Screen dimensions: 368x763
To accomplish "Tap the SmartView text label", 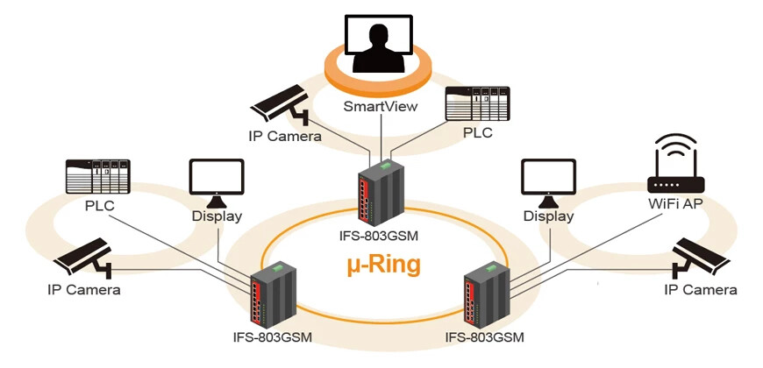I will [x=381, y=107].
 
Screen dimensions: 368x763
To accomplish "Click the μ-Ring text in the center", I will [x=382, y=263].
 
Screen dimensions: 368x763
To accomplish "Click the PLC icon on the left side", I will [x=98, y=178].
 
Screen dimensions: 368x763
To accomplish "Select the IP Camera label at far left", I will [x=84, y=290].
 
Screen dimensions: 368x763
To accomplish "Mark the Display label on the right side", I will [x=548, y=216].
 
